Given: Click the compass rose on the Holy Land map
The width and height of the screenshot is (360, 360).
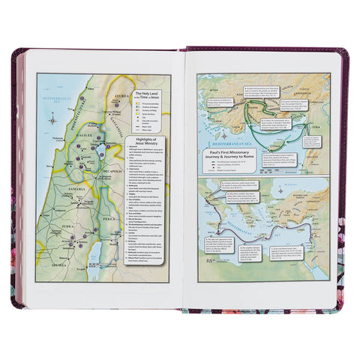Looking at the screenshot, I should pyautogui.click(x=50, y=118).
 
